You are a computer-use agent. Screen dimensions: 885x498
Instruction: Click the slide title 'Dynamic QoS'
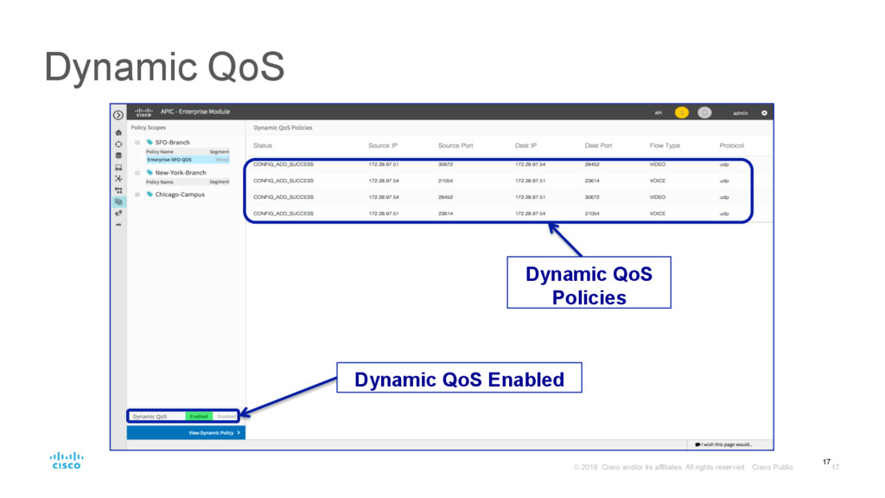[164, 68]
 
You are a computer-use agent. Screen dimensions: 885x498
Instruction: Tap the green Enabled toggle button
[199, 416]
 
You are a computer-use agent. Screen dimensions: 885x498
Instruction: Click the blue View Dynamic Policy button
[186, 432]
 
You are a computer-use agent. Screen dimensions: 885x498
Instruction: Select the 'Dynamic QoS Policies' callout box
[589, 285]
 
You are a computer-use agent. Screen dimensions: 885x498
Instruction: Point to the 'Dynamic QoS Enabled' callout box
[459, 379]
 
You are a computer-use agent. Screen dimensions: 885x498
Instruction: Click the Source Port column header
[455, 145]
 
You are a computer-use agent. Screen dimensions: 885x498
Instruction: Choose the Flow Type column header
[665, 145]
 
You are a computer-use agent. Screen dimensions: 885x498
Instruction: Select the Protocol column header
[731, 145]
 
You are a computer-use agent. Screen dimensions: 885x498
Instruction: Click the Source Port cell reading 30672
[446, 163]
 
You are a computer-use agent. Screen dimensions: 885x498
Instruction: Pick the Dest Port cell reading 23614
[593, 180]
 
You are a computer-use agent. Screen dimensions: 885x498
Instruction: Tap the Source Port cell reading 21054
[446, 180]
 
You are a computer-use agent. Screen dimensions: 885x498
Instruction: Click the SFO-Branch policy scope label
[172, 142]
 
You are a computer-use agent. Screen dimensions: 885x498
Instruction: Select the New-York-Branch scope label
[181, 172]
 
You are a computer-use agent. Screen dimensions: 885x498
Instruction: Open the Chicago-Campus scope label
[181, 194]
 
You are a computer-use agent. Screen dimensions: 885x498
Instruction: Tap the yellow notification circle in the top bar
[681, 112]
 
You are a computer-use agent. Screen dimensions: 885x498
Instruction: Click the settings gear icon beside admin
[763, 112]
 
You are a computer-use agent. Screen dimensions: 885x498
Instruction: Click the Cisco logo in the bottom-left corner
[66, 460]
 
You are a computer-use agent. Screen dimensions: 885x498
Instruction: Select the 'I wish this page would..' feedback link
[723, 444]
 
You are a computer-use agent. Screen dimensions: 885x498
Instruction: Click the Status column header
[263, 145]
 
